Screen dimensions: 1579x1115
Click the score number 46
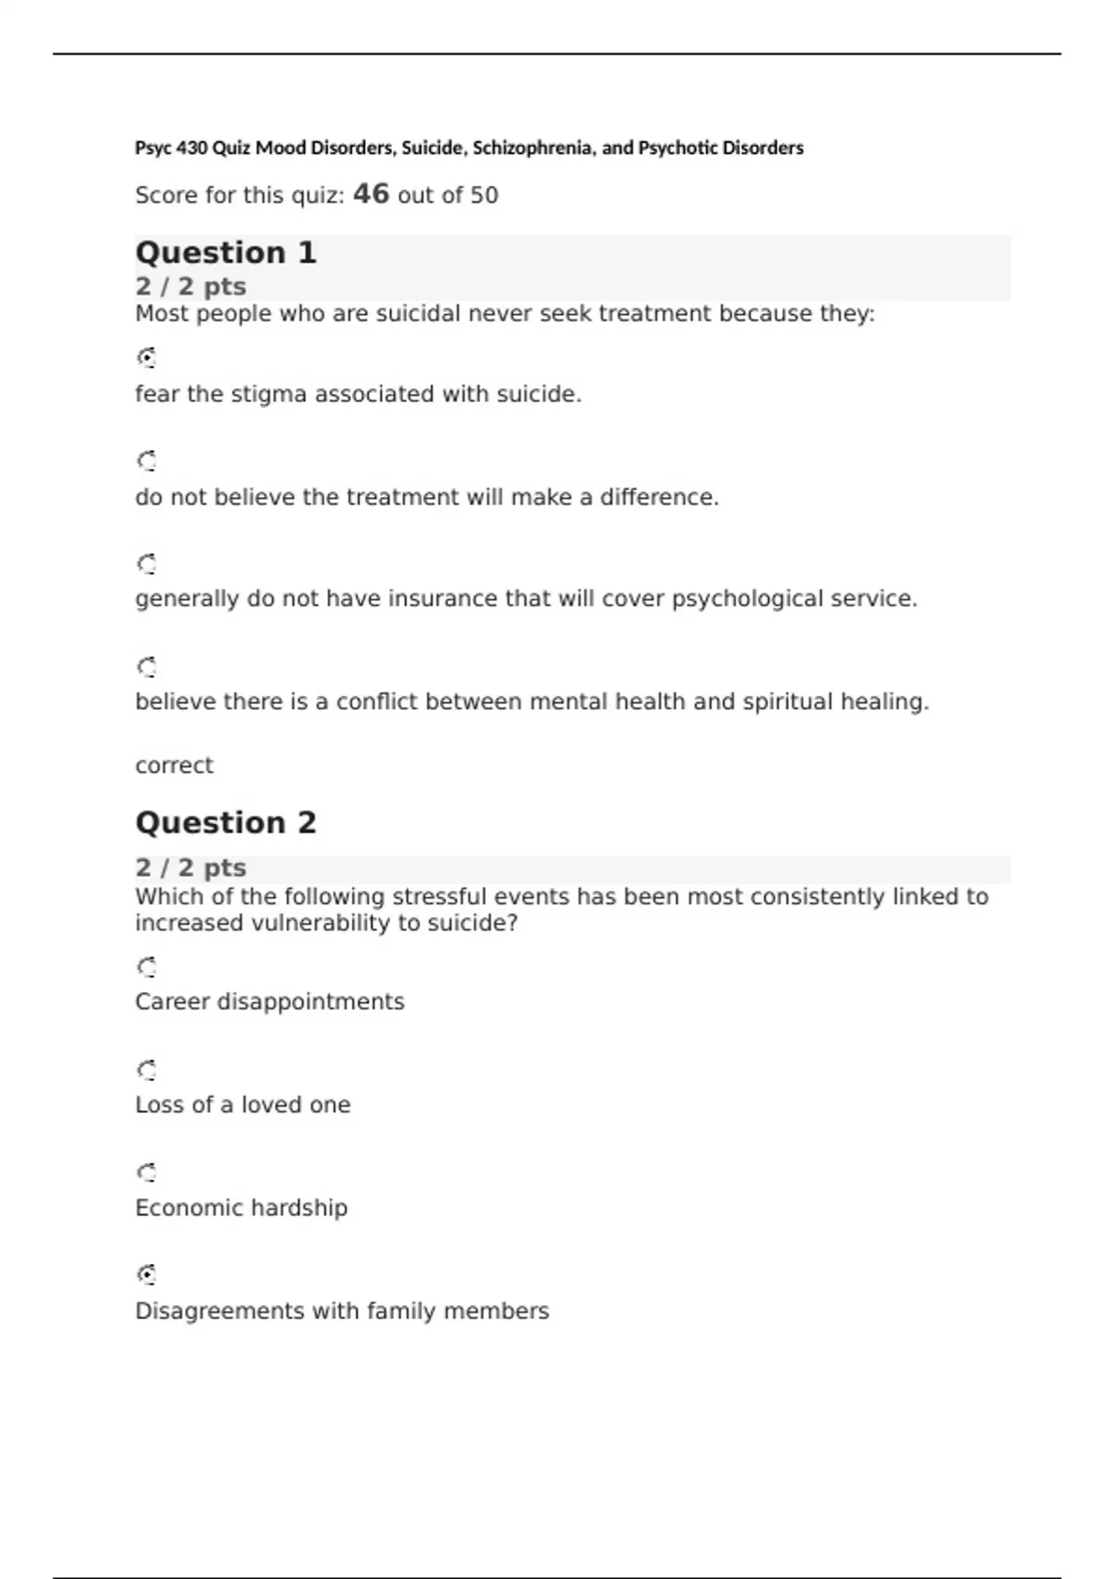point(371,194)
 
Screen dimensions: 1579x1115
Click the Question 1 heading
point(226,253)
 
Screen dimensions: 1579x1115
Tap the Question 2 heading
point(226,823)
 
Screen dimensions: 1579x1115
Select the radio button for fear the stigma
point(147,358)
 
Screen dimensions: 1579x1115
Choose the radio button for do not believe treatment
point(147,461)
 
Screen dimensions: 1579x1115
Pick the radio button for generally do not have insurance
point(147,564)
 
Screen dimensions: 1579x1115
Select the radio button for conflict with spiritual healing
point(147,667)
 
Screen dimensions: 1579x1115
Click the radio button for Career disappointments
point(147,968)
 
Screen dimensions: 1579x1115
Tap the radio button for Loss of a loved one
point(147,1070)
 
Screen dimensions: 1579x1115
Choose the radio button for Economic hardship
point(147,1172)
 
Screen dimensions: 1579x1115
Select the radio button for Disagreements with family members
point(147,1274)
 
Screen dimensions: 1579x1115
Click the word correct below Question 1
point(174,765)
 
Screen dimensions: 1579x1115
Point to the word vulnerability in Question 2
point(317,923)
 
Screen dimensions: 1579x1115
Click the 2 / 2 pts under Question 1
point(190,286)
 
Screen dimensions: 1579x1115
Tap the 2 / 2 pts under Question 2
point(190,868)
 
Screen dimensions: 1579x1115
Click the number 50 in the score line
point(484,196)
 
